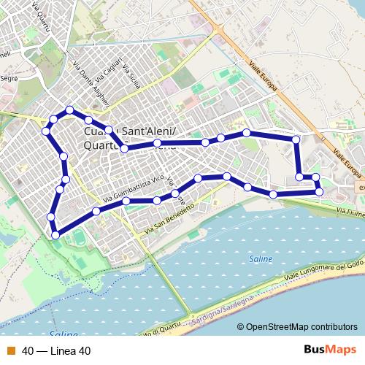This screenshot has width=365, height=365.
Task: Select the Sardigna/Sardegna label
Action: pos(223,311)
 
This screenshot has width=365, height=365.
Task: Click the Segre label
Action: pos(9,77)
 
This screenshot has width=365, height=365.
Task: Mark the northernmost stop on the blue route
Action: pos(70,110)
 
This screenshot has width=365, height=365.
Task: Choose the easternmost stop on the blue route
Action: pos(320,191)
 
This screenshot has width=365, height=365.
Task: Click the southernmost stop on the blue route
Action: pos(55,234)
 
